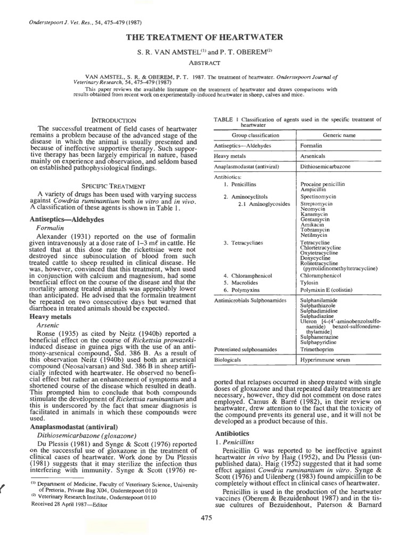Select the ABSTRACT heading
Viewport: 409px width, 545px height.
[x=204, y=62]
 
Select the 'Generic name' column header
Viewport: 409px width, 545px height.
[x=335, y=135]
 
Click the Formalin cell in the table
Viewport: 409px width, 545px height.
[x=312, y=145]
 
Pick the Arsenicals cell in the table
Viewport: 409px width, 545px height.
[x=315, y=155]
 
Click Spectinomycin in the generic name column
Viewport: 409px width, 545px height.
[x=321, y=196]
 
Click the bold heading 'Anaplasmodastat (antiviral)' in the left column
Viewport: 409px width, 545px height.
[x=71, y=426]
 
